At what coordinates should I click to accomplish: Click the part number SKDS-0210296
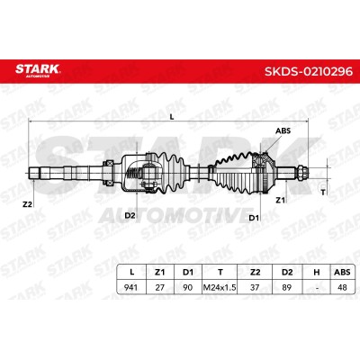pos(309,71)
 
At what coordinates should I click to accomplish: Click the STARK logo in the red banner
pos(38,70)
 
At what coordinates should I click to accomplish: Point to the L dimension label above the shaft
pos(172,117)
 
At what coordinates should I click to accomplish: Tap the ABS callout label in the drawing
pos(283,130)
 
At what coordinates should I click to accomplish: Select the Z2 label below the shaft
pos(27,204)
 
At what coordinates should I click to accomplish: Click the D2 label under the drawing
pos(130,215)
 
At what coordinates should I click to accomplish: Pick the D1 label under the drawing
pos(254,218)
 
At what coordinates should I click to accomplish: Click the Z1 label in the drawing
pos(280,200)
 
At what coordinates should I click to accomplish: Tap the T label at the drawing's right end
pos(323,193)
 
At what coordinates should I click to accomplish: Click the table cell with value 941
pos(130,287)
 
